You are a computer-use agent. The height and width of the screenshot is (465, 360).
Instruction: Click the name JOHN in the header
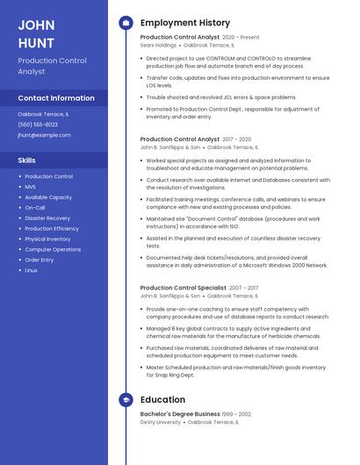36,24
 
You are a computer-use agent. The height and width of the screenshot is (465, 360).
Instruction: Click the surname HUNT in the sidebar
36,42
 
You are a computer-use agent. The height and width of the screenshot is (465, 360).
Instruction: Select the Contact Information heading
56,98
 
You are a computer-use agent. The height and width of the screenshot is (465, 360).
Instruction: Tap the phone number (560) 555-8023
37,125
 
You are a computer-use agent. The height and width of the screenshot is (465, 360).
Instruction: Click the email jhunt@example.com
44,135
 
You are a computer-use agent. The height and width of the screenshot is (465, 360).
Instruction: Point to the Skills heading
27,161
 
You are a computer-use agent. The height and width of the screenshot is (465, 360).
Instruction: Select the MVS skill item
31,187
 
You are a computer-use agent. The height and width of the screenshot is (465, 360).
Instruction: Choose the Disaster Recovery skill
47,218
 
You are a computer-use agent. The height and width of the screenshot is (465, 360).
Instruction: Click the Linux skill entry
32,270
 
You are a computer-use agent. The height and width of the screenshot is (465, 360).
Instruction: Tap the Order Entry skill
40,260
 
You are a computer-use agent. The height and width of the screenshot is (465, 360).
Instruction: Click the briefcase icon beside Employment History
125,22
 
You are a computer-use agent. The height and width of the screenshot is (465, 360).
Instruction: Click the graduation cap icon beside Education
125,400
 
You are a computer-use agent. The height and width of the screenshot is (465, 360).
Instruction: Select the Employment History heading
185,22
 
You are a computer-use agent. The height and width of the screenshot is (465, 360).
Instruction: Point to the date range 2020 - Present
241,38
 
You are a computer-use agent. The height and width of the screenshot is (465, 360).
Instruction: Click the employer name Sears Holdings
159,46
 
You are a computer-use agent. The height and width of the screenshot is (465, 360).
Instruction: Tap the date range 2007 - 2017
244,288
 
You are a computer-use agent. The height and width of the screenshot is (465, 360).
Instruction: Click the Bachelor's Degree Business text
180,414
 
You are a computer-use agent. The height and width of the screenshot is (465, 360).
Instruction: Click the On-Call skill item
35,208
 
